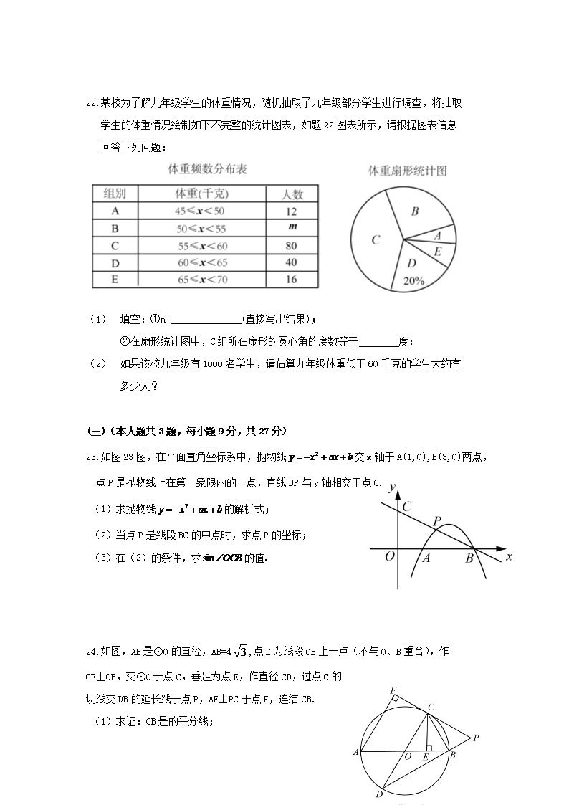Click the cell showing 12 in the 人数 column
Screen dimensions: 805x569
pyautogui.click(x=291, y=211)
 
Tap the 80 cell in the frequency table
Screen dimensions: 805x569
pyautogui.click(x=291, y=246)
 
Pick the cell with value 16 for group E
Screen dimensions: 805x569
pyautogui.click(x=291, y=280)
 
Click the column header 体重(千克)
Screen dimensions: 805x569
pyautogui.click(x=201, y=194)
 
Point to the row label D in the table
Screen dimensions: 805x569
pyautogui.click(x=115, y=263)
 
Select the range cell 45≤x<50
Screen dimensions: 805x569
pyautogui.click(x=201, y=211)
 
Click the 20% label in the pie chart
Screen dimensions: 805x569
pyautogui.click(x=413, y=281)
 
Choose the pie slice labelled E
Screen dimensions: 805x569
pyautogui.click(x=437, y=252)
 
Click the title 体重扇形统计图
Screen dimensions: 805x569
pyautogui.click(x=407, y=171)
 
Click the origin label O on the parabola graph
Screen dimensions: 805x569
pyautogui.click(x=390, y=556)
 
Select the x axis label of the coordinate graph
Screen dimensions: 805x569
pyautogui.click(x=509, y=556)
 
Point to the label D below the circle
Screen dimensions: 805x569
pyautogui.click(x=378, y=794)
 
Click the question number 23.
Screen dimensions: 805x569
pyautogui.click(x=91, y=457)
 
